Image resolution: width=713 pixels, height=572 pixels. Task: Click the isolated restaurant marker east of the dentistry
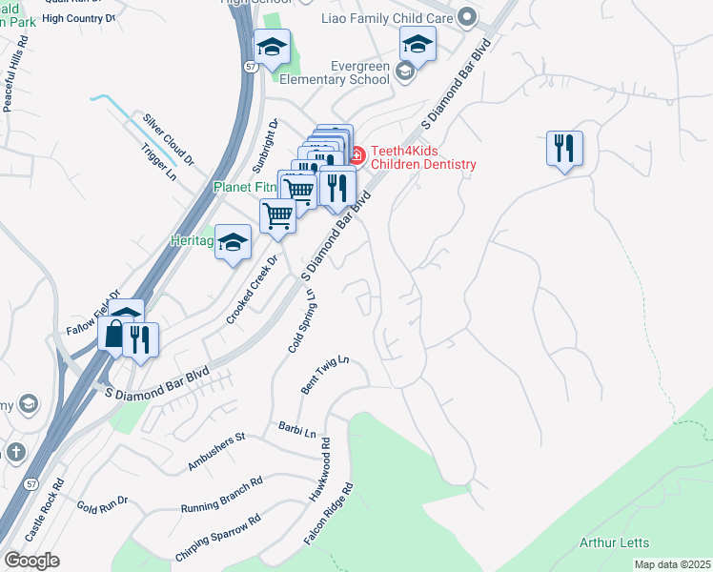click(x=564, y=149)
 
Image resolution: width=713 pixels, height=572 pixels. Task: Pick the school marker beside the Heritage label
click(x=233, y=244)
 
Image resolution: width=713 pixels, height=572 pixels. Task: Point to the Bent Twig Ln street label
click(x=326, y=376)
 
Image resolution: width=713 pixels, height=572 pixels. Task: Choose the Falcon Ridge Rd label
click(x=329, y=513)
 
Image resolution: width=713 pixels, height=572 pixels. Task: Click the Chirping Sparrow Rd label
click(x=217, y=539)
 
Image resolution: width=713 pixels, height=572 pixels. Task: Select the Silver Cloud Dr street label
click(x=169, y=139)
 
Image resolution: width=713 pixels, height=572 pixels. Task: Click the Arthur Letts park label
click(x=617, y=543)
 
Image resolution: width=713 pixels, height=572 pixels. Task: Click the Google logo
click(x=32, y=560)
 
